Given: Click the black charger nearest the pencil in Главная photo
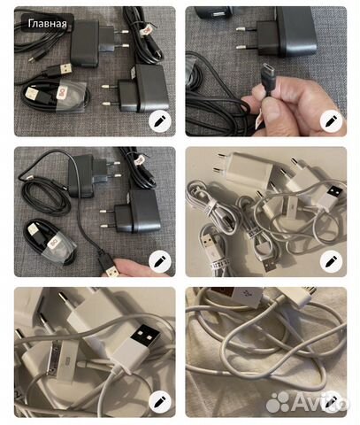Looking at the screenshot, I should pyautogui.click(x=142, y=90).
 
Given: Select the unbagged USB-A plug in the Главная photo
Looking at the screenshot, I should pyautogui.click(x=66, y=67).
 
